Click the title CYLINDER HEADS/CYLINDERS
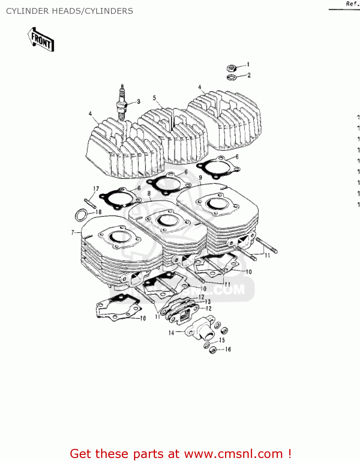click(x=69, y=11)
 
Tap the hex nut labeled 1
click(x=231, y=68)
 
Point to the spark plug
click(x=122, y=103)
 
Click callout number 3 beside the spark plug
click(x=139, y=101)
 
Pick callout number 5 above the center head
click(x=154, y=98)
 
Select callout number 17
click(x=96, y=189)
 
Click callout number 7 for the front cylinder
click(x=73, y=232)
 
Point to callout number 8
click(x=149, y=193)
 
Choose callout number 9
click(x=200, y=177)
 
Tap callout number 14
click(x=171, y=333)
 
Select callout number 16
click(x=228, y=349)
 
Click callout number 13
click(x=208, y=301)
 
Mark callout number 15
click(x=222, y=340)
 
